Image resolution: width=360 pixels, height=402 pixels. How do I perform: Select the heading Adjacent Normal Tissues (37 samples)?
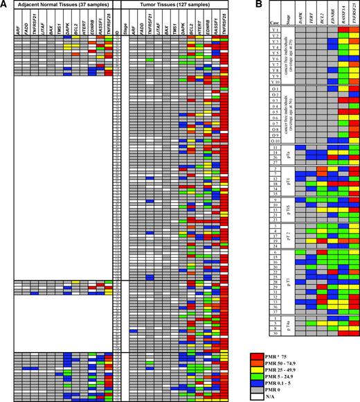click(x=61, y=5)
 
